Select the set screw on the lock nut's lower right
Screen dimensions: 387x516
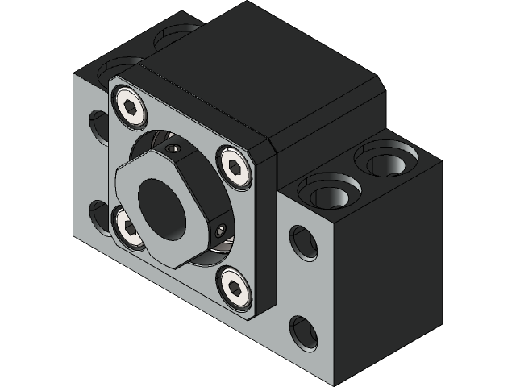(220, 231)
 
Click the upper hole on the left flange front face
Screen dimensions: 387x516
(99, 124)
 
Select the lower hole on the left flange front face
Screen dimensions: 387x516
(99, 215)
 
